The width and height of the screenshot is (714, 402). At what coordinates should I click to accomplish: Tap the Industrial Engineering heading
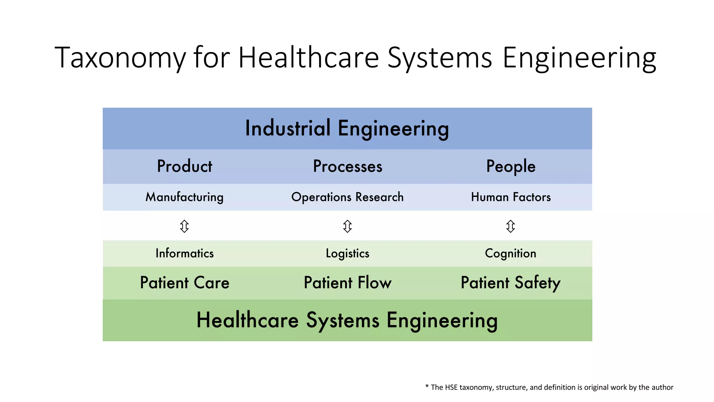click(x=347, y=128)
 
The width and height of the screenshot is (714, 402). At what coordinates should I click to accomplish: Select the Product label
click(x=184, y=166)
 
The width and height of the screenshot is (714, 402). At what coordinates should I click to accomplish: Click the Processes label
click(x=348, y=166)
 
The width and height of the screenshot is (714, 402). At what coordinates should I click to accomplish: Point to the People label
click(x=511, y=166)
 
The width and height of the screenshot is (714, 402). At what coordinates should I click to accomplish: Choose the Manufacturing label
click(x=184, y=197)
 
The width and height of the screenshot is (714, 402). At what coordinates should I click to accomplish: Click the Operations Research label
click(x=348, y=197)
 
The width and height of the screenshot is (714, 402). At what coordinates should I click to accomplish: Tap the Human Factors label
click(x=511, y=197)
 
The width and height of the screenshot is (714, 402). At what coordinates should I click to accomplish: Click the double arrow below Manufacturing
click(x=184, y=226)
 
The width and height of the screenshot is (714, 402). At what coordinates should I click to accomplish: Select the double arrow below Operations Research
click(x=348, y=226)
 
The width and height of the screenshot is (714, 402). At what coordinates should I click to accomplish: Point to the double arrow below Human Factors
click(x=511, y=226)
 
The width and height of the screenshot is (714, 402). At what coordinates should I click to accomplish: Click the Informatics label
click(x=184, y=253)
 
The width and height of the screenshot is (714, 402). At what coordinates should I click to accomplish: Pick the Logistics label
click(x=348, y=254)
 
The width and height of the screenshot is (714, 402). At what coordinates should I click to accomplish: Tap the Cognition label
click(x=511, y=254)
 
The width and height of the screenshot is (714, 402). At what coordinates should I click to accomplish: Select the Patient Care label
click(x=184, y=283)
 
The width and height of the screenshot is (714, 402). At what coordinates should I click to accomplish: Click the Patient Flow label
click(x=348, y=283)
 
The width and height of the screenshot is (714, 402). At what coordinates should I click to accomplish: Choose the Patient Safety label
click(x=511, y=283)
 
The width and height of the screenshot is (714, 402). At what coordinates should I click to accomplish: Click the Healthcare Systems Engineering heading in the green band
click(x=347, y=320)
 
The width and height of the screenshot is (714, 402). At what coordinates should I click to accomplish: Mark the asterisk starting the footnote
click(x=427, y=386)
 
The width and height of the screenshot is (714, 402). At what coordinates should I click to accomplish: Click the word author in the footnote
click(x=663, y=387)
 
